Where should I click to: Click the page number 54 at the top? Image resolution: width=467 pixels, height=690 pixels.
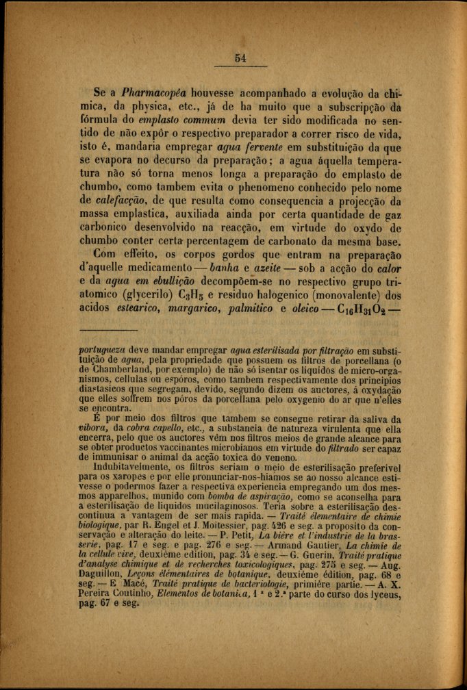(240, 58)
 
